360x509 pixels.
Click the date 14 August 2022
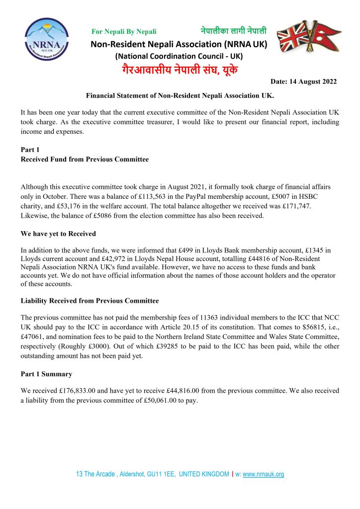(x=303, y=81)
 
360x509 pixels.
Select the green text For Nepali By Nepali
(x=124, y=32)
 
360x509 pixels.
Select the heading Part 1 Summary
(x=46, y=374)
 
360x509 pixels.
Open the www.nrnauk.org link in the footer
(x=263, y=474)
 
